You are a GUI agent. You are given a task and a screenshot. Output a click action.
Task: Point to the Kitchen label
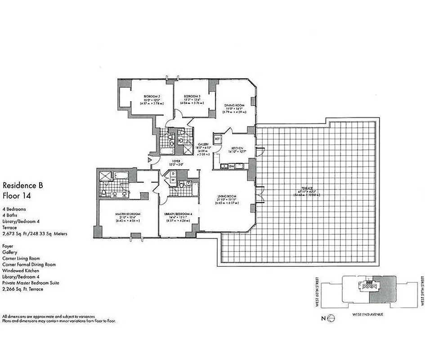(237, 148)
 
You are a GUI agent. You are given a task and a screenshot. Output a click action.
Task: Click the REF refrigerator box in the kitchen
(217, 139)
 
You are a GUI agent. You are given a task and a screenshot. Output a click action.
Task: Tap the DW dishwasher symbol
(231, 166)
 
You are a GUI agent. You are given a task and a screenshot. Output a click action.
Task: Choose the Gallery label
(202, 144)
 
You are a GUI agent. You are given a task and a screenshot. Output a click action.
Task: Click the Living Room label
(227, 197)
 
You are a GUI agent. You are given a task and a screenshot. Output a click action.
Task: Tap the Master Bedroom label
(128, 213)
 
